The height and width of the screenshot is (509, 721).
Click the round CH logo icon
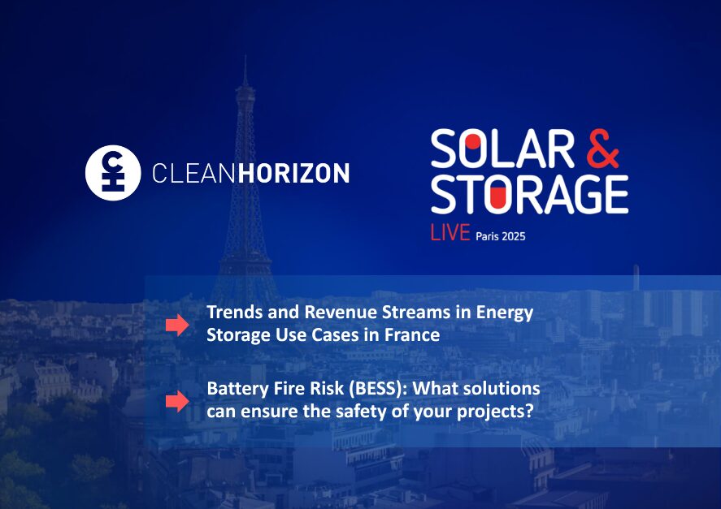pyautogui.click(x=113, y=173)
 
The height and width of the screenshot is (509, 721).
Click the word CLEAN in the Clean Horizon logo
pyautogui.click(x=194, y=173)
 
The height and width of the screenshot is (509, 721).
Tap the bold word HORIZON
pyautogui.click(x=293, y=173)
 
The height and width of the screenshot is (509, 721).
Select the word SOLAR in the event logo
pyautogui.click(x=502, y=149)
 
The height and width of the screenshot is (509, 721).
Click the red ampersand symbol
pyautogui.click(x=603, y=149)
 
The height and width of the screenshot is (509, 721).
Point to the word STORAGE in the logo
pyautogui.click(x=530, y=194)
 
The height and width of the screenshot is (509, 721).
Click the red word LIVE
pyautogui.click(x=450, y=233)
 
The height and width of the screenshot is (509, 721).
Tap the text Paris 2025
pyautogui.click(x=500, y=236)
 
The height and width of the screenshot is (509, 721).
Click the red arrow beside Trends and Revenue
pyautogui.click(x=177, y=325)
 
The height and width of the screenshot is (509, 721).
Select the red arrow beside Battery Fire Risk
pyautogui.click(x=177, y=401)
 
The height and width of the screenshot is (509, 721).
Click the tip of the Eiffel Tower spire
pyautogui.click(x=245, y=56)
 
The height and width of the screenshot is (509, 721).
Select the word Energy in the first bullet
pyautogui.click(x=505, y=313)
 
